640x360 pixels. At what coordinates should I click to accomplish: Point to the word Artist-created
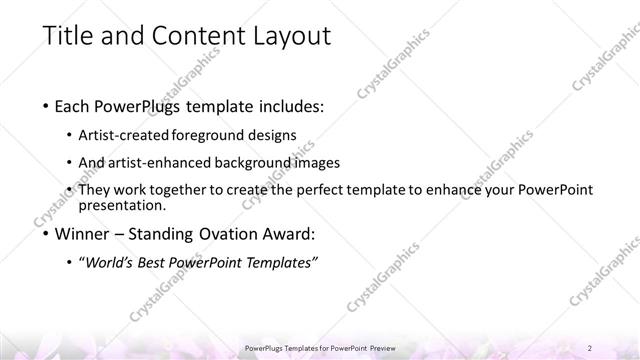(x=127, y=135)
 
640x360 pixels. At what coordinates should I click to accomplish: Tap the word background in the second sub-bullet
(x=250, y=162)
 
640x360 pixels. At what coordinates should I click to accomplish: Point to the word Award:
(x=287, y=235)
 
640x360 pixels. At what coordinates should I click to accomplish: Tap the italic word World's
(x=107, y=262)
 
